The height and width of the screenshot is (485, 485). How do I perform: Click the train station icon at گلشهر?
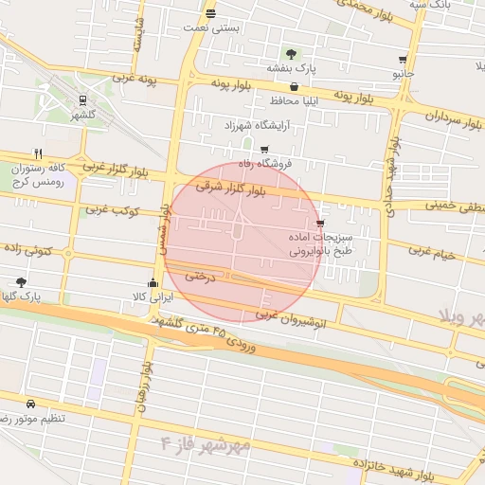(x=83, y=99)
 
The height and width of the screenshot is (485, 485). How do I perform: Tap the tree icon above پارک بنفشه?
(x=290, y=53)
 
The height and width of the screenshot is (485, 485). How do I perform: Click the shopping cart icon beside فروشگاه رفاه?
(x=263, y=149)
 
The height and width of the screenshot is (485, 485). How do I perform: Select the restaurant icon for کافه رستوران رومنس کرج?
(x=38, y=153)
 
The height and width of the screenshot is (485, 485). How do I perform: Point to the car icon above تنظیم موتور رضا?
(x=31, y=403)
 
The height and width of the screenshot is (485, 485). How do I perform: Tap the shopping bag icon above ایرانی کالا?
(x=153, y=282)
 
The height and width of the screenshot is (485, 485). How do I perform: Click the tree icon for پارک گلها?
(x=21, y=281)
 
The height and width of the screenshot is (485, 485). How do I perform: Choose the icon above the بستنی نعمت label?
(x=209, y=13)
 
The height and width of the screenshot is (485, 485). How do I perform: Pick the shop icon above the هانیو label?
(x=404, y=59)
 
